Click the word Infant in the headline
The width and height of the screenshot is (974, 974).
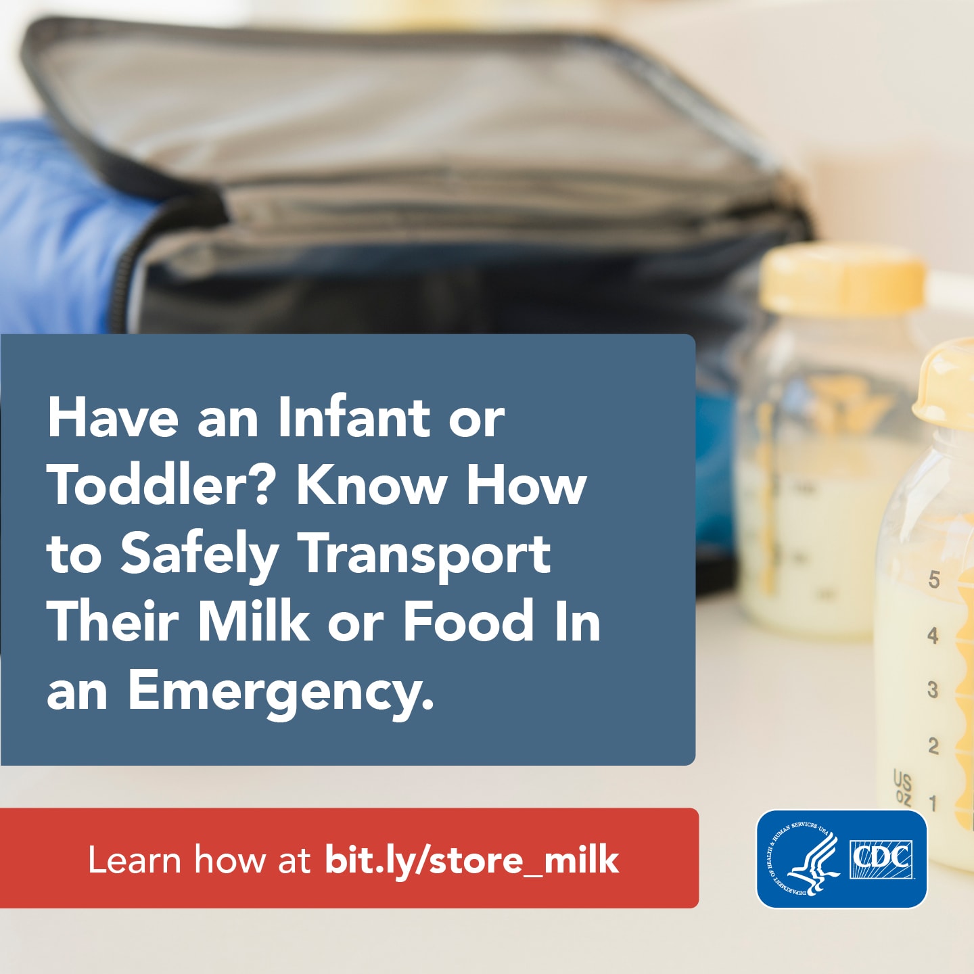coord(354,417)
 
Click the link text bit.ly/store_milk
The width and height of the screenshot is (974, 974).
coord(471,859)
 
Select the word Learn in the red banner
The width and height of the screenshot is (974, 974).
coord(135,859)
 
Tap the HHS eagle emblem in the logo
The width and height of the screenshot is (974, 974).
coord(804,859)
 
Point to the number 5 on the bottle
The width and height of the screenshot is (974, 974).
coord(934,580)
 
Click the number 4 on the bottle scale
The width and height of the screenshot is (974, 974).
coord(933,635)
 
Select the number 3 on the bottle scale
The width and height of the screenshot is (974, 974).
coord(933,690)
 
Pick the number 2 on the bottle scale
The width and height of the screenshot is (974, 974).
coord(933,745)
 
